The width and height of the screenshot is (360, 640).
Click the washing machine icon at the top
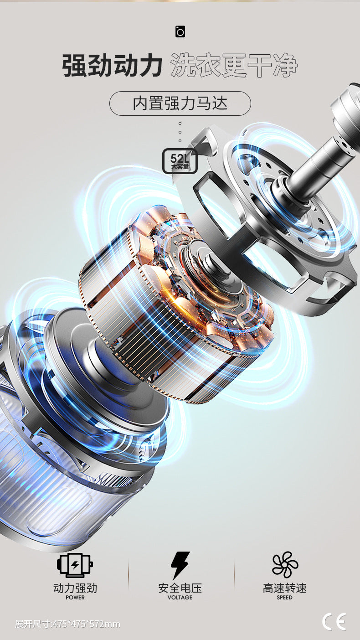point(180,32)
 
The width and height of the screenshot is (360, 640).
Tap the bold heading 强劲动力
point(112,66)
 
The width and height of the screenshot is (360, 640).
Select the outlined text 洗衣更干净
point(234,66)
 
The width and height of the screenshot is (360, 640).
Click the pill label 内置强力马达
point(180,103)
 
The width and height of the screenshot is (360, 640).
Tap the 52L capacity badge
point(180,161)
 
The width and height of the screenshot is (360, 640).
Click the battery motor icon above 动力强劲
point(75,565)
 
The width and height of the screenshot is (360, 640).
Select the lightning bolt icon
point(180,565)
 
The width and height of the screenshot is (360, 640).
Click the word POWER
point(75,597)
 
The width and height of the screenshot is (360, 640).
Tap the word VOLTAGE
point(180,597)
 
